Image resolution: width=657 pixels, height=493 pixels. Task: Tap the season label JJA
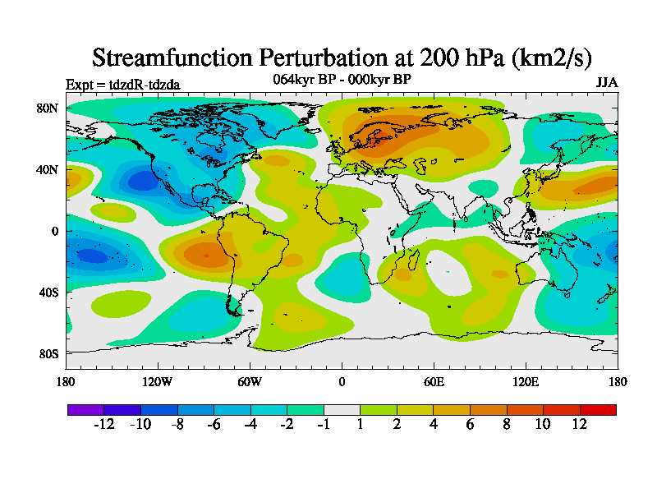pyautogui.click(x=606, y=83)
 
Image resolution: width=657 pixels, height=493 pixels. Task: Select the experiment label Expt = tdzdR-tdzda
pyautogui.click(x=122, y=84)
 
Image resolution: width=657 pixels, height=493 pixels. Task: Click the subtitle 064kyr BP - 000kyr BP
pyautogui.click(x=342, y=79)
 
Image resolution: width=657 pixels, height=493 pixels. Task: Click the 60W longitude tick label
pyautogui.click(x=250, y=381)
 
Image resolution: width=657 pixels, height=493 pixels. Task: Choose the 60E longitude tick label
pyautogui.click(x=434, y=381)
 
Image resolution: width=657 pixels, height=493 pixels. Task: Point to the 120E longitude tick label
pyautogui.click(x=526, y=381)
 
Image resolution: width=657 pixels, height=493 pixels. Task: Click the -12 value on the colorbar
pyautogui.click(x=103, y=424)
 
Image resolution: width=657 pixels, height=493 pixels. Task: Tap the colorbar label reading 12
pyautogui.click(x=580, y=424)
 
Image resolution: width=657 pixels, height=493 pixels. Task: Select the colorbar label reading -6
pyautogui.click(x=214, y=424)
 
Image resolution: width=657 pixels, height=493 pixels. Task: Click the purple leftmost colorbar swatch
pyautogui.click(x=85, y=409)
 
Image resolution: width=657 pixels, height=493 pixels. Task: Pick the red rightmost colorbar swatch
pyautogui.click(x=598, y=409)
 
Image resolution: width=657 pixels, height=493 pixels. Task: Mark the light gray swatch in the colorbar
pyautogui.click(x=342, y=409)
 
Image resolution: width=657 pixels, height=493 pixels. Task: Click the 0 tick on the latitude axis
pyautogui.click(x=54, y=231)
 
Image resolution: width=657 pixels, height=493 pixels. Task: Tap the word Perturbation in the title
pyautogui.click(x=322, y=58)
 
